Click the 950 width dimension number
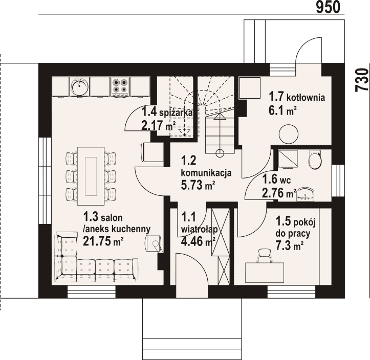(328, 7)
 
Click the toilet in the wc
(315, 159)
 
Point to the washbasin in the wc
(306, 194)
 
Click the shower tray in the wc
(288, 159)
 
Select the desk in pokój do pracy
(265, 273)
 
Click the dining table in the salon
(91, 176)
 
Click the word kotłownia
(306, 97)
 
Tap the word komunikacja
(206, 173)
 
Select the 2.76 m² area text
(279, 193)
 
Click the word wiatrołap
(199, 229)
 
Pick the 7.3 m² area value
(289, 246)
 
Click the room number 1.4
(149, 112)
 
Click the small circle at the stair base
(220, 153)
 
